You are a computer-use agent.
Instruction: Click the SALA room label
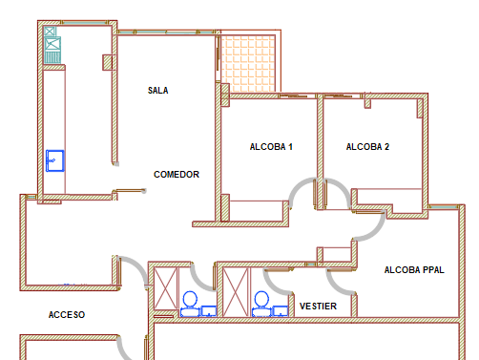158,91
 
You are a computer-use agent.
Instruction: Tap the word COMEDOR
177,175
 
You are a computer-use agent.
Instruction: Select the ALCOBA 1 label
271,147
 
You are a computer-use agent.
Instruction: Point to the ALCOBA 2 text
367,147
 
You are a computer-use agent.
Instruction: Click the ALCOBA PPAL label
414,270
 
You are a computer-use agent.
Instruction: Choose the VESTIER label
318,307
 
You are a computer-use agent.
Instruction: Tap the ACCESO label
67,315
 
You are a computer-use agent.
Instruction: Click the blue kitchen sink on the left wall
55,160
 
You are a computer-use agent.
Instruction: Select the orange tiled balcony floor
248,64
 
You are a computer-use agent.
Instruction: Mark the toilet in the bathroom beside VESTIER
261,304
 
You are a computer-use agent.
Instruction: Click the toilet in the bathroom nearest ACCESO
190,304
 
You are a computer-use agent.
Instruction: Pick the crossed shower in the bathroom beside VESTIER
236,292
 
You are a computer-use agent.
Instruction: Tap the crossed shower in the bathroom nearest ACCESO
165,288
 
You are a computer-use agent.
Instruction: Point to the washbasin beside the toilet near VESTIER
281,311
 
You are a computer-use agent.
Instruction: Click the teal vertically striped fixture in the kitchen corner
52,57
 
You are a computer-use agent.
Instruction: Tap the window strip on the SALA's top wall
165,32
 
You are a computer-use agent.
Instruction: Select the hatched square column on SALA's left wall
108,62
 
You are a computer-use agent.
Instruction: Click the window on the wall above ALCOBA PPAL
444,207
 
